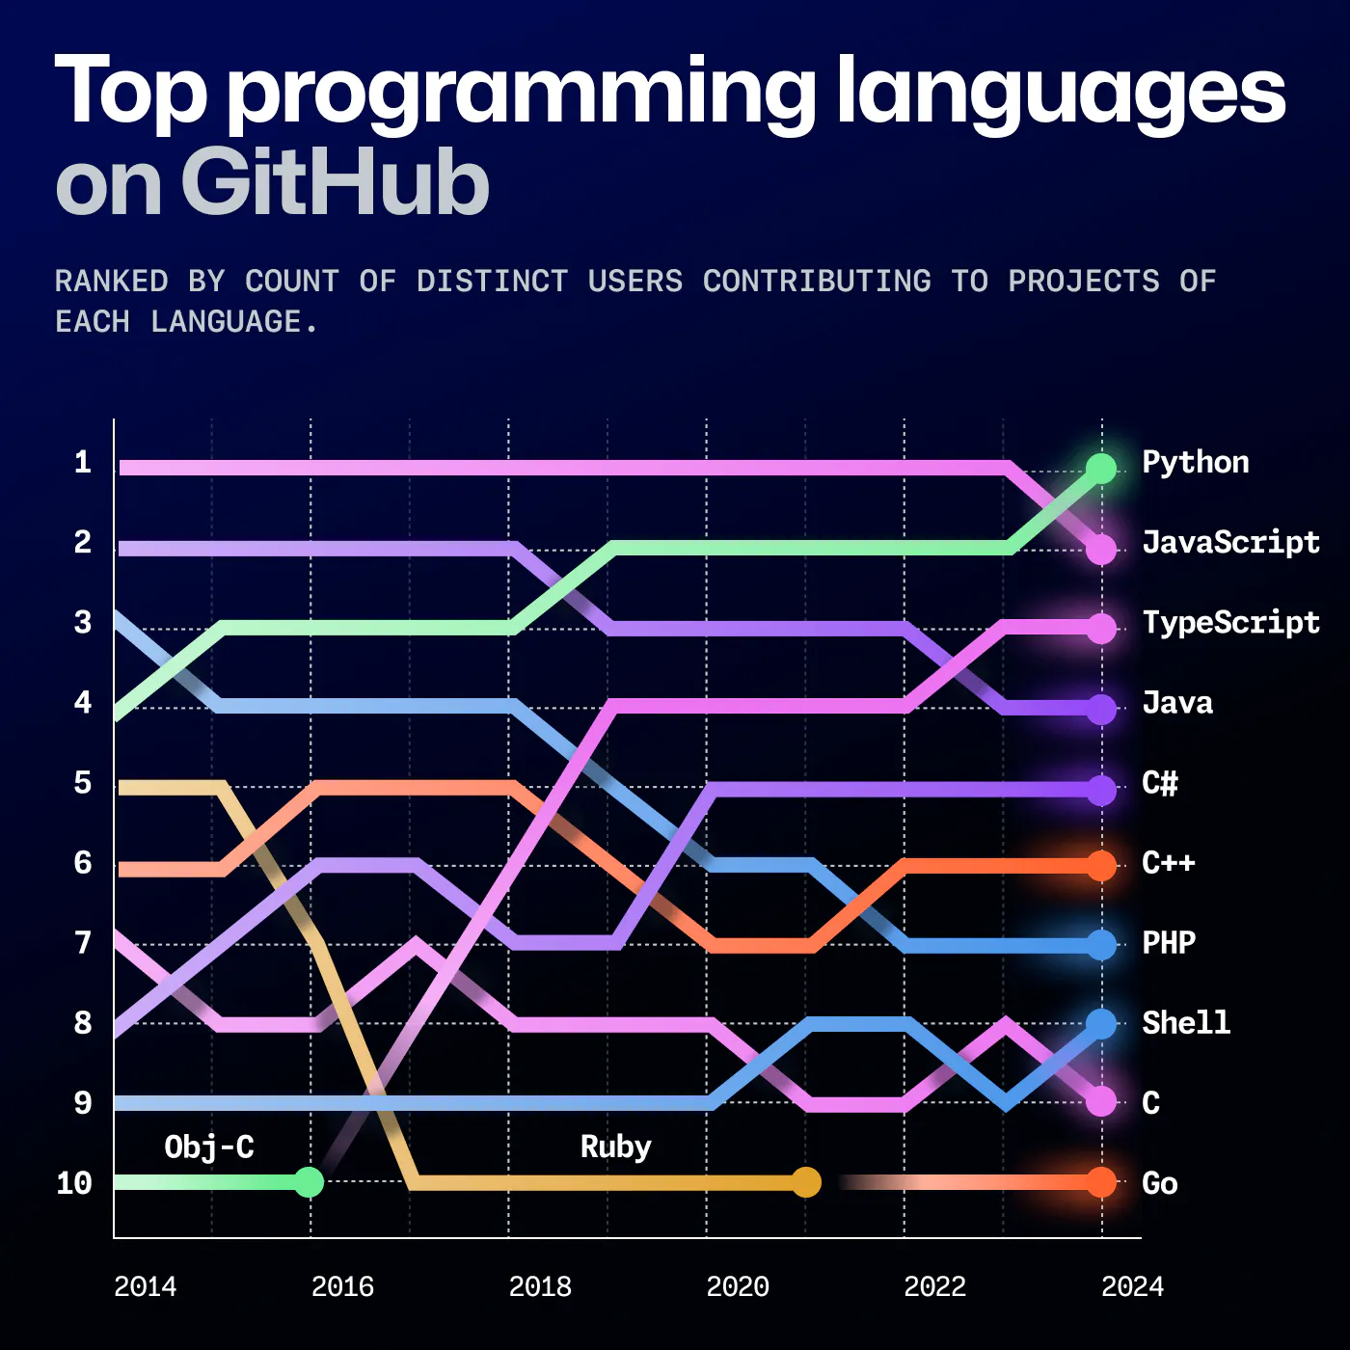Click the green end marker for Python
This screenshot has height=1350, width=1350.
(1101, 469)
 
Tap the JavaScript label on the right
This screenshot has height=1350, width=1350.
(1230, 543)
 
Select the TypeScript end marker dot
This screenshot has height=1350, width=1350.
(1101, 629)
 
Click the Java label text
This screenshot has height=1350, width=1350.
(1177, 703)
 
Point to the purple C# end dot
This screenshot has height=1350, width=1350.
(1101, 791)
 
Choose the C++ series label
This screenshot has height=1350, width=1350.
(1169, 863)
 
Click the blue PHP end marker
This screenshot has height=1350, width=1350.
(1101, 945)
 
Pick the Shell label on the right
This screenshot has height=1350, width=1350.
(1186, 1023)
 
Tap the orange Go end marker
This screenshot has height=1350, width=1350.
(1101, 1182)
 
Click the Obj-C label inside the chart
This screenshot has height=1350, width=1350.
(209, 1147)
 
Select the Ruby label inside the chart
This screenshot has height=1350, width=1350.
(615, 1147)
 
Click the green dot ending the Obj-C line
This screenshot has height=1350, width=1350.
(309, 1182)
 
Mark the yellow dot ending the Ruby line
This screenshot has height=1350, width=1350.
(806, 1182)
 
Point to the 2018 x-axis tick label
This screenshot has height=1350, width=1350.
(540, 1287)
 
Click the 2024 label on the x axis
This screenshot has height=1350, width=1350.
(1132, 1287)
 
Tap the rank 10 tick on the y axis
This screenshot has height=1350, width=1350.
(74, 1183)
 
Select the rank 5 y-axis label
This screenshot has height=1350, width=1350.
(83, 783)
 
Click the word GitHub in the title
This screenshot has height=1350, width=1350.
(335, 183)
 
